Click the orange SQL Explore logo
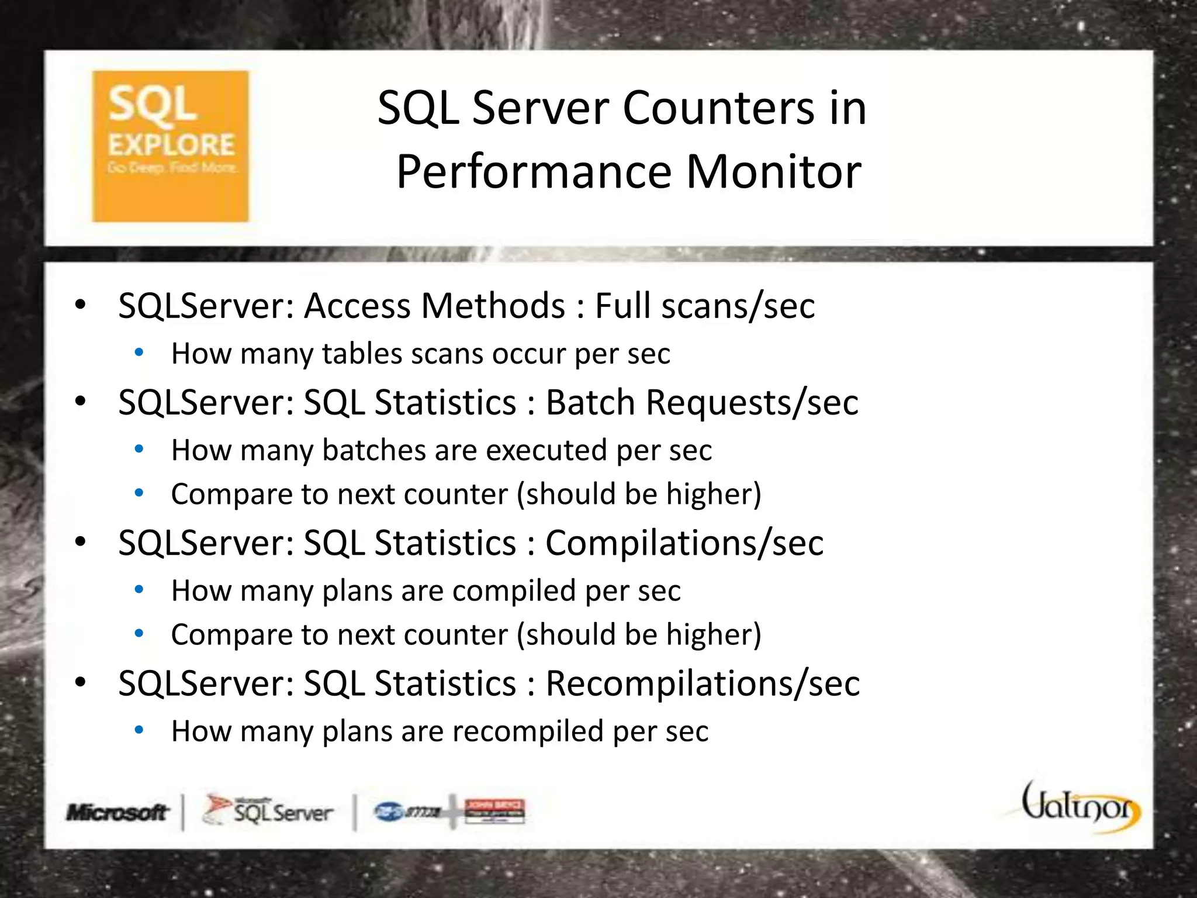(x=171, y=146)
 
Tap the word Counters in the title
(x=718, y=108)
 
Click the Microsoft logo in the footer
(x=117, y=812)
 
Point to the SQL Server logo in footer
(x=268, y=811)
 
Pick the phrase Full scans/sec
(x=705, y=306)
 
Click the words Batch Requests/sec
(x=702, y=402)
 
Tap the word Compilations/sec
(x=684, y=543)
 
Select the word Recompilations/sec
(x=703, y=683)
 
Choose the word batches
(x=374, y=450)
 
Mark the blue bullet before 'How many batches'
(x=139, y=450)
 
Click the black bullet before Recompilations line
(x=81, y=682)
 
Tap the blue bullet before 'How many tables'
(x=139, y=353)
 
